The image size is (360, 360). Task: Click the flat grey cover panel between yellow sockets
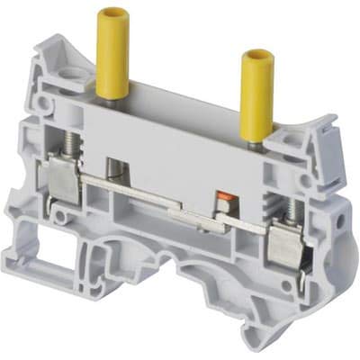pyautogui.click(x=180, y=135)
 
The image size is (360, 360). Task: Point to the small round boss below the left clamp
pyautogui.click(x=59, y=216)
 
